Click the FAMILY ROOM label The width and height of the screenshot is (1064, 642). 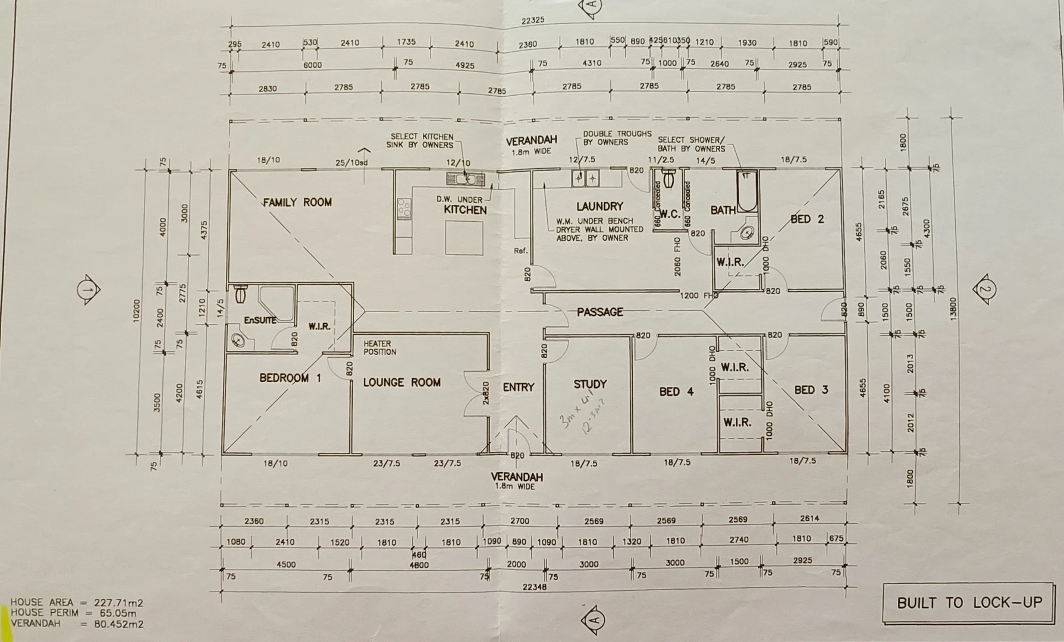tap(297, 203)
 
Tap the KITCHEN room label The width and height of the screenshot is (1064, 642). tap(465, 210)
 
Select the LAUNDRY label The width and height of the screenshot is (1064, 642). tap(600, 206)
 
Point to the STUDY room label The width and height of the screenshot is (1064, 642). tap(590, 384)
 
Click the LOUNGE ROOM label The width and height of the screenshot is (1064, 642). tap(402, 382)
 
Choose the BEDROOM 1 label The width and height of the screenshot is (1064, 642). tap(290, 378)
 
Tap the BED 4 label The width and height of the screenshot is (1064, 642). tap(676, 391)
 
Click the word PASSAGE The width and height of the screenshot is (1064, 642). tap(600, 312)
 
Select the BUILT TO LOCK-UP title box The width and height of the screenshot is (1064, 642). tap(969, 603)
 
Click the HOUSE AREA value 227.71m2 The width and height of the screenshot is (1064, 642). tap(118, 603)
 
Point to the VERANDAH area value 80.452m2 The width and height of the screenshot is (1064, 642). tap(118, 624)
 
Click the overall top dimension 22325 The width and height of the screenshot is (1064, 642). tap(533, 20)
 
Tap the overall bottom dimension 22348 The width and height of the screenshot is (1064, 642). tap(534, 587)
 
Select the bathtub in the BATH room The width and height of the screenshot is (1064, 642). tap(746, 191)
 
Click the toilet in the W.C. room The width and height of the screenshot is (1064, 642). tap(668, 177)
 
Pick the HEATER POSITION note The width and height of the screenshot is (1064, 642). tap(379, 348)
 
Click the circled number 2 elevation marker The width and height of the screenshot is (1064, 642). tap(984, 290)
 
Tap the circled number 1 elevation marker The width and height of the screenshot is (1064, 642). tap(87, 290)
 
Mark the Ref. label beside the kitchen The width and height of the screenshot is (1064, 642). tap(520, 251)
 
